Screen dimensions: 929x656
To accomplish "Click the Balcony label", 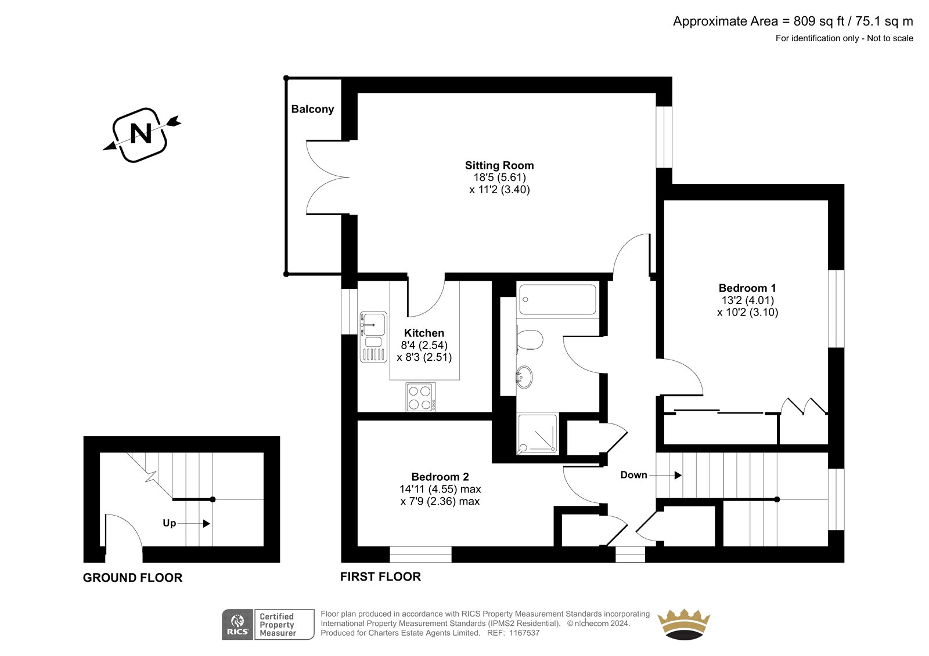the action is (312, 109).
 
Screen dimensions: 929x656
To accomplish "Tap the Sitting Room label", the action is (499, 165).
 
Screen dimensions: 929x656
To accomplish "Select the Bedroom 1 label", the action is (747, 288).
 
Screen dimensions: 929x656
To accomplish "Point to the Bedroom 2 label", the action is (440, 477).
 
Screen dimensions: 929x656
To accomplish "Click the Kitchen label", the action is (424, 333).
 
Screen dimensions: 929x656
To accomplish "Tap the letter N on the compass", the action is (141, 134).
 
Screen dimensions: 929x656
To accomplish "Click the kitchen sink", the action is (373, 337).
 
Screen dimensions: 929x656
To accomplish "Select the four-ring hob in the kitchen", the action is (420, 397).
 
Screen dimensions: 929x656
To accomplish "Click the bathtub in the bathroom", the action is (558, 300).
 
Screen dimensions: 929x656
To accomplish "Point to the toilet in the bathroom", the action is (530, 340).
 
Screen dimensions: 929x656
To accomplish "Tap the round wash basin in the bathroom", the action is (524, 376).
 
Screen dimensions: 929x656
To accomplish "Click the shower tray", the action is (537, 434).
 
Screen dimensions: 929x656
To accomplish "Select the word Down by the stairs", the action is (633, 475).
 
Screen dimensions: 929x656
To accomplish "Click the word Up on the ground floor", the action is (169, 523).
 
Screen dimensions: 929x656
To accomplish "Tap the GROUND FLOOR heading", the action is (133, 578).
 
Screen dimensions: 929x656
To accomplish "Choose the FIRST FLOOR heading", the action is (380, 577).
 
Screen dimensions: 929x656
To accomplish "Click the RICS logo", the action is (237, 624).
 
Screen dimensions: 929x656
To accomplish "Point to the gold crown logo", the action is (684, 624).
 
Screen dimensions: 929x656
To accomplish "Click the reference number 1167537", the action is (525, 633).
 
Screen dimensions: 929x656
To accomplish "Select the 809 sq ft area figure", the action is (819, 21).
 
